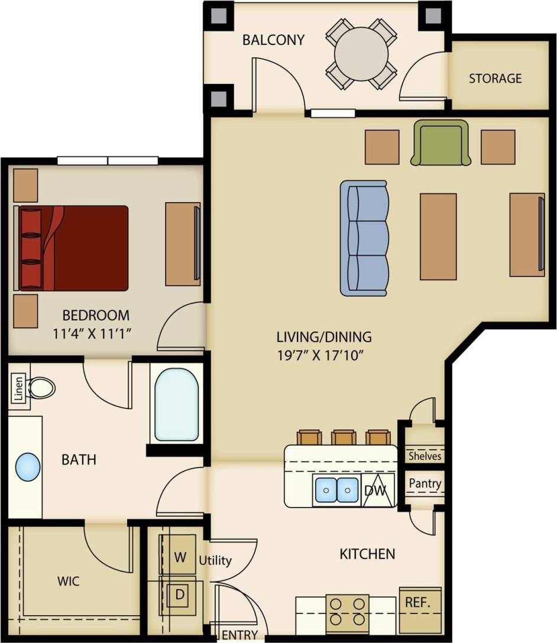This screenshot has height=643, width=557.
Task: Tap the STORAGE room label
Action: (495, 78)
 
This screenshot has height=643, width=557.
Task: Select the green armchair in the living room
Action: (441, 142)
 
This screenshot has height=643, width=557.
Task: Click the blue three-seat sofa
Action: (364, 238)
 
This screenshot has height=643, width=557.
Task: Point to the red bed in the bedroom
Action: (74, 248)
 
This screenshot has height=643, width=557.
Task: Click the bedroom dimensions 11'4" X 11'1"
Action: (92, 333)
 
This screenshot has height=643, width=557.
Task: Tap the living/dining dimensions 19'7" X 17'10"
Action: (324, 356)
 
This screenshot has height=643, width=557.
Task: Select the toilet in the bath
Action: (41, 388)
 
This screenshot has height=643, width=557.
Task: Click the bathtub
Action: (176, 404)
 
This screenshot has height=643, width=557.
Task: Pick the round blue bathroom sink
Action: (27, 467)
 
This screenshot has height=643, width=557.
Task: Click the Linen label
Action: (18, 389)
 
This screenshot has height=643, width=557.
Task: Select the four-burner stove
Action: (347, 612)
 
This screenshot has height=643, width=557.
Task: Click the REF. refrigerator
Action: (420, 604)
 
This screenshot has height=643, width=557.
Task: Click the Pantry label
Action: (425, 483)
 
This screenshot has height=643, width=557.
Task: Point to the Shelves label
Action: (425, 456)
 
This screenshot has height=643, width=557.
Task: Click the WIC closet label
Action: (68, 581)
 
